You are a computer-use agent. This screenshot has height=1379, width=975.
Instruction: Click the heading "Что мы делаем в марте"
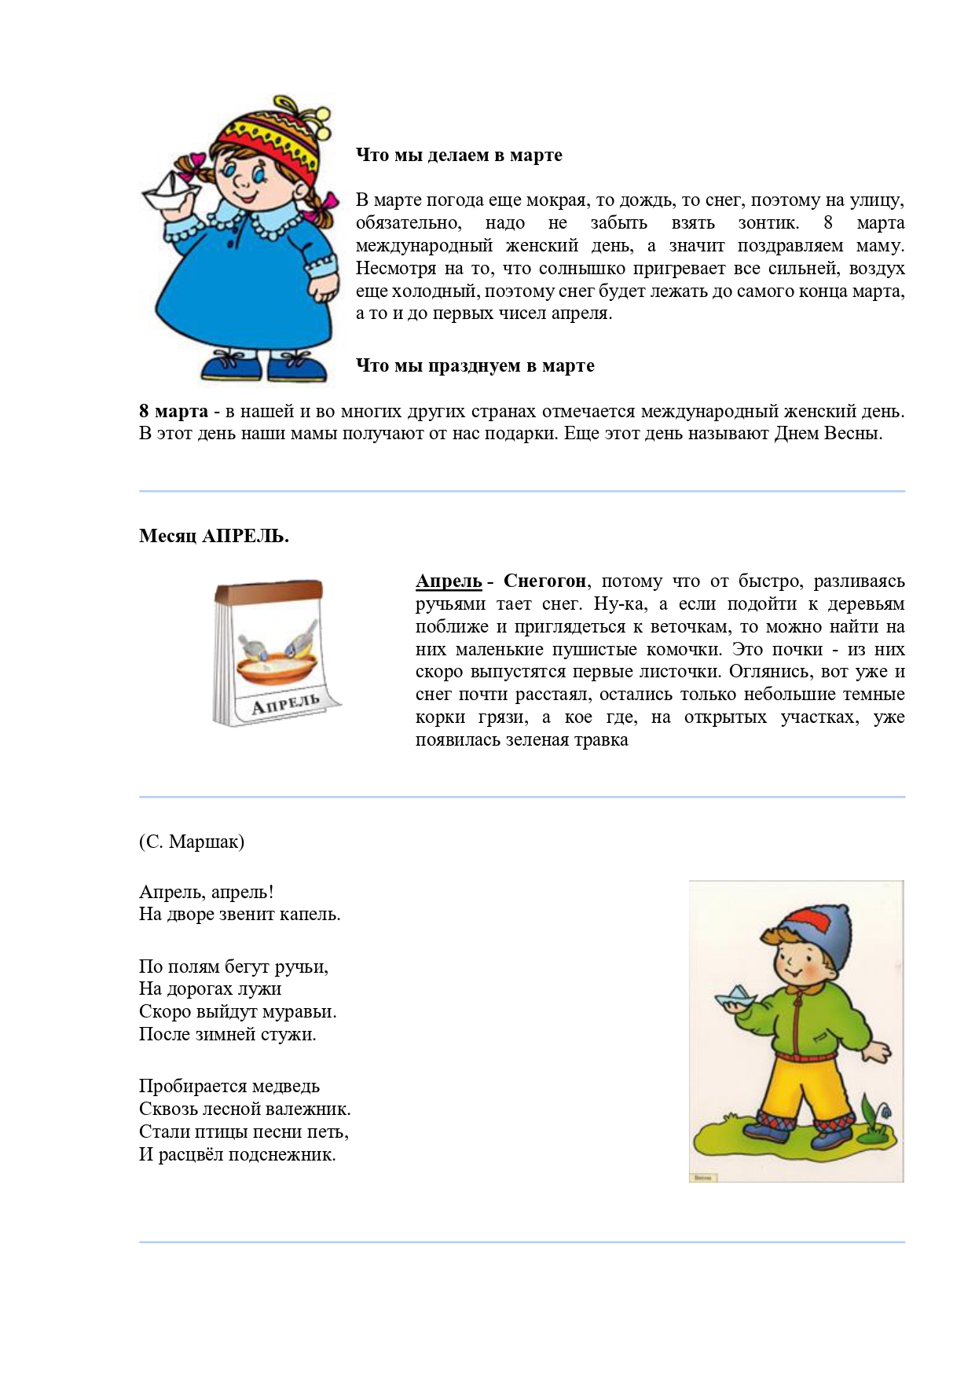coord(459,155)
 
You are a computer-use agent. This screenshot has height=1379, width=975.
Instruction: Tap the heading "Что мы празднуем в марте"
coord(475,365)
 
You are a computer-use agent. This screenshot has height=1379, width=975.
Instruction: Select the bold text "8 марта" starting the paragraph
coord(174,411)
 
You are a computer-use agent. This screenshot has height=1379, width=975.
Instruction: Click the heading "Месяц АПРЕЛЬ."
coord(214,536)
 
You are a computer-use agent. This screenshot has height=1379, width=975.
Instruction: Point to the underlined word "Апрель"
coord(449,581)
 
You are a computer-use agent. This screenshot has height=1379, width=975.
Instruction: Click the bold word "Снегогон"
coord(544,581)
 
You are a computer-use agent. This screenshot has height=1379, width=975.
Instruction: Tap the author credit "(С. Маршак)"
coord(192,842)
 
